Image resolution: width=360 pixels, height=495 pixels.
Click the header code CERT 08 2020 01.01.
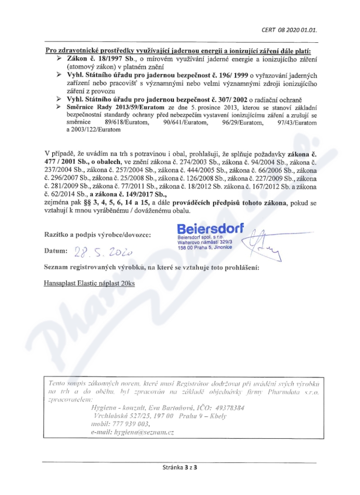pyautogui.click(x=289, y=31)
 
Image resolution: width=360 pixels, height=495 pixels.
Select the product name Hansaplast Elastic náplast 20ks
pyautogui.click(x=90, y=283)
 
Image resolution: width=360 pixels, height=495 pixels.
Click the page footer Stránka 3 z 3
pyautogui.click(x=180, y=467)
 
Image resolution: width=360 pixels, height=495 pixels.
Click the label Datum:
pyautogui.click(x=56, y=251)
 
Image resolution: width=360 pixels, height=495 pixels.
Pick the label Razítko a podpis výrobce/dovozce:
pyautogui.click(x=98, y=234)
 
